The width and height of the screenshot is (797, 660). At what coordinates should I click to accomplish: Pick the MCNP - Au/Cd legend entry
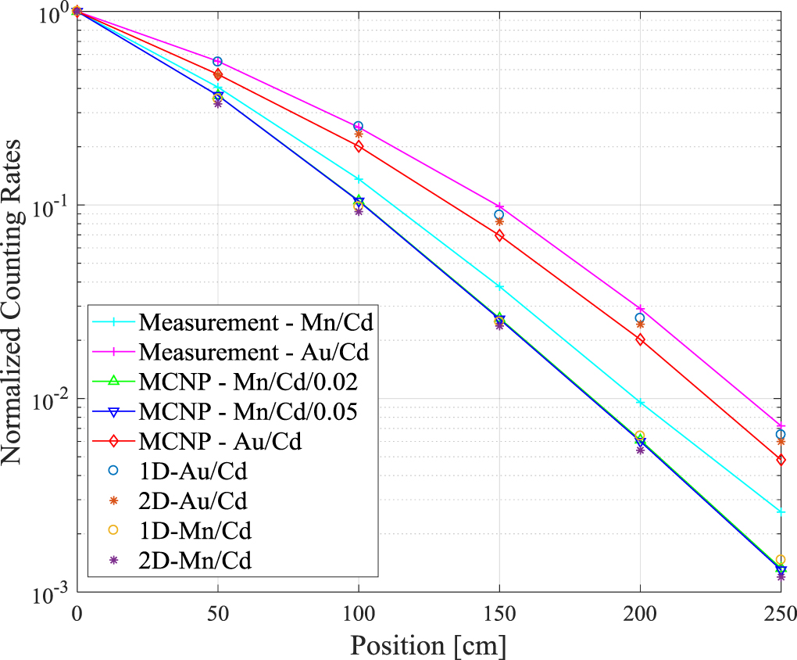(x=220, y=441)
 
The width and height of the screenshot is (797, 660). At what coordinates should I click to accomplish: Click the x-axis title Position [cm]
(x=427, y=646)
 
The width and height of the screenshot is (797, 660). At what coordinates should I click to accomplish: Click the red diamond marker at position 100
(x=359, y=146)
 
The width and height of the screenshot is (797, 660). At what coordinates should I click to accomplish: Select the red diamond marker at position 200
(x=641, y=339)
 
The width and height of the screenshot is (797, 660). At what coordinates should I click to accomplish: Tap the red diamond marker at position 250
(x=781, y=460)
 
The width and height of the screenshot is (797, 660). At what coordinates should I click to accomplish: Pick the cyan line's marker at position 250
(x=781, y=511)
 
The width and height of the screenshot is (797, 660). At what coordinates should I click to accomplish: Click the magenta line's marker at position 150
(x=499, y=206)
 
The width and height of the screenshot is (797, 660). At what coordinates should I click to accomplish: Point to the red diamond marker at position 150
(x=499, y=235)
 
